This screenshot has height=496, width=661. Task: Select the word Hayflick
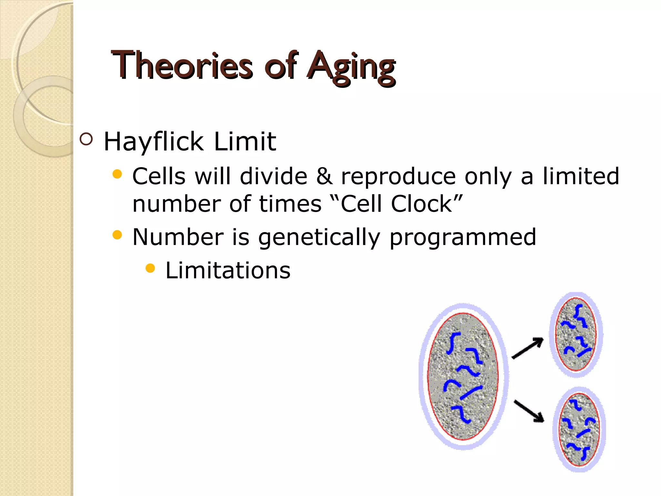[154, 142]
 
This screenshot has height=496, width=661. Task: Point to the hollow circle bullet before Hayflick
[86, 139]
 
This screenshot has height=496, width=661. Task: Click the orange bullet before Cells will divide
[117, 175]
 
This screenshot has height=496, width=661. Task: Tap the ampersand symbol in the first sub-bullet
[324, 176]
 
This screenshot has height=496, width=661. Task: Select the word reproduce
[399, 177]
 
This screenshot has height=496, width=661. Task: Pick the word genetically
[319, 238]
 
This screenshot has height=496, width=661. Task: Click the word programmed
[463, 238]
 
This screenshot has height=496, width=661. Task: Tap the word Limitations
[228, 270]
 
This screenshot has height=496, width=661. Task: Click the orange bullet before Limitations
[150, 268]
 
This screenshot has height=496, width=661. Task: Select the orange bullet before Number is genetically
[117, 235]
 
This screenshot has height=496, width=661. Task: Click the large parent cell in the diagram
[463, 376]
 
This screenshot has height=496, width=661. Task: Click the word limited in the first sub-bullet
[581, 176]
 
